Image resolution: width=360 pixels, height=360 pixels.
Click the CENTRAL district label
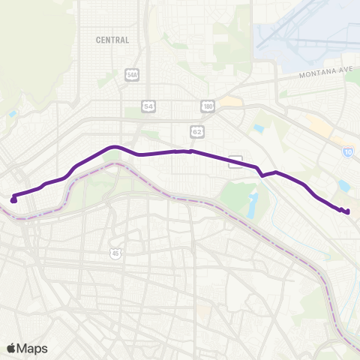[x=112, y=40]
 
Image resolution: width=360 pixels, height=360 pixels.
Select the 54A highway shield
[x=132, y=75]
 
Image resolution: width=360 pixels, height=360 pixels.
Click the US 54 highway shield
[x=149, y=106]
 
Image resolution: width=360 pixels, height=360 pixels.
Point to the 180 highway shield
[x=208, y=106]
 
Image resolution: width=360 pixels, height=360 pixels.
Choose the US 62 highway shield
[x=197, y=131]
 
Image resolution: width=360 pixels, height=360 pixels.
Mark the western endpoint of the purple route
[x=13, y=199]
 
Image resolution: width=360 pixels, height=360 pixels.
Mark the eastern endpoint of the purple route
[x=348, y=212]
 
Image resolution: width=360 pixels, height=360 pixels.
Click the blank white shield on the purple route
[x=235, y=161]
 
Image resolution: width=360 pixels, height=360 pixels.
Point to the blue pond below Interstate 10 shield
[x=344, y=184]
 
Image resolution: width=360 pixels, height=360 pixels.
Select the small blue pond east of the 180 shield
[x=259, y=128]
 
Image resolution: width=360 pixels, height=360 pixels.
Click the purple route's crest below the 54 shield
[x=113, y=147]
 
